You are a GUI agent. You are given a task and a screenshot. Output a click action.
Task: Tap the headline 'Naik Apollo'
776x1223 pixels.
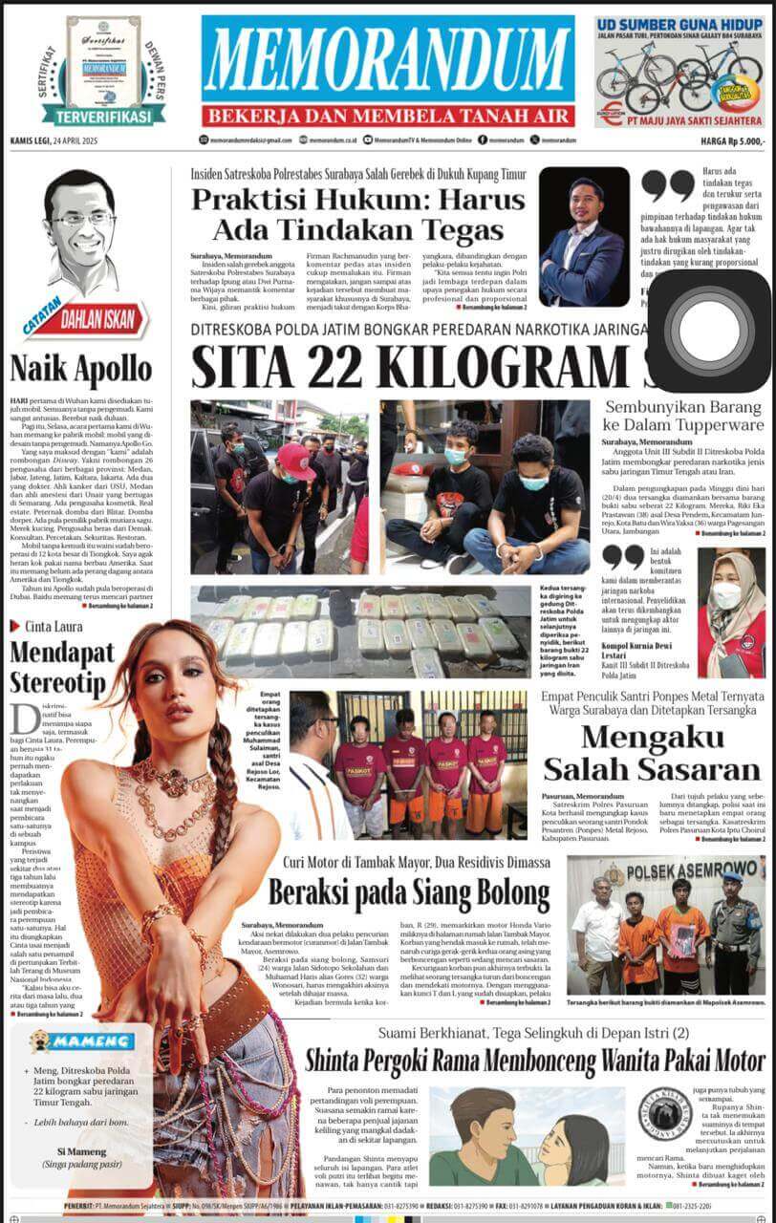click(81, 368)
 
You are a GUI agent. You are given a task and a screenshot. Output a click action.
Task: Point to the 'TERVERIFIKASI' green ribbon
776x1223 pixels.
click(103, 116)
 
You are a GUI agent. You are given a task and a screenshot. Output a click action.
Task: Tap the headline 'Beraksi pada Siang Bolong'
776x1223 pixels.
click(409, 893)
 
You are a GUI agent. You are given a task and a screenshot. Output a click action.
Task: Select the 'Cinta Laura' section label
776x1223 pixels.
click(53, 626)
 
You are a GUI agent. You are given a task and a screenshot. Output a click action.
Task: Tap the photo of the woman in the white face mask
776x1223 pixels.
click(730, 600)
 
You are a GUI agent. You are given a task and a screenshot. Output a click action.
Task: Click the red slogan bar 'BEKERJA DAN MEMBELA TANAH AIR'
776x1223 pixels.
click(388, 116)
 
